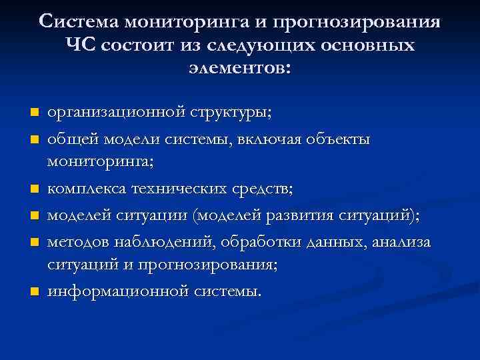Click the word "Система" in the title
77,21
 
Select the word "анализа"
402,241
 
